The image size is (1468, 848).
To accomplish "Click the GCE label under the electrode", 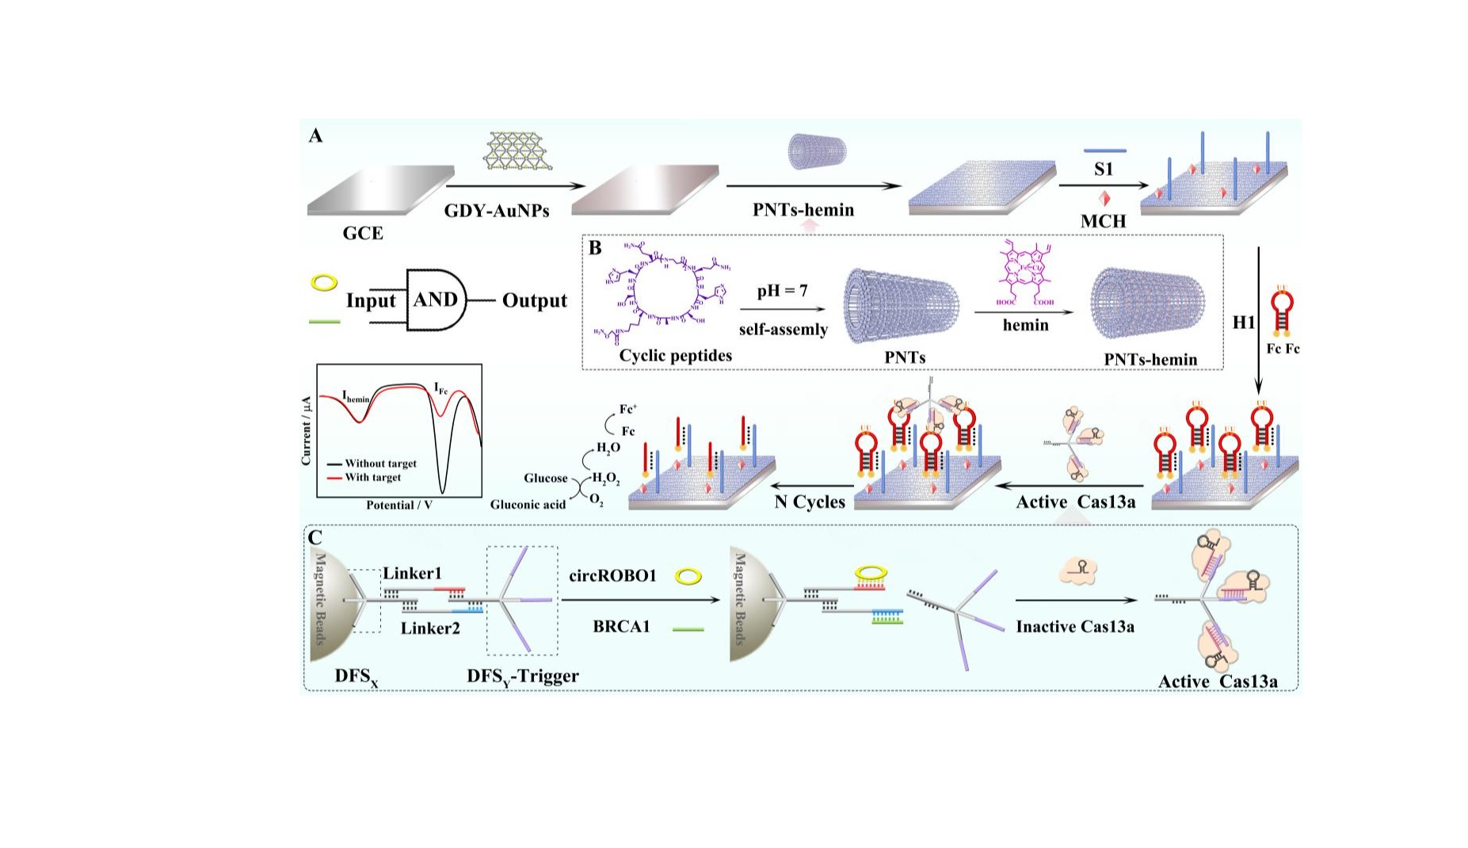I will coord(362,233).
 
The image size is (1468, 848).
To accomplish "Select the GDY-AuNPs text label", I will coord(496,211).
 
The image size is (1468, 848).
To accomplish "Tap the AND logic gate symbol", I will coord(435,300).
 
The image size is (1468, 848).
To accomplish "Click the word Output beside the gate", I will coord(534,300).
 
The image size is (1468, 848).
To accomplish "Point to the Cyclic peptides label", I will coord(675,355).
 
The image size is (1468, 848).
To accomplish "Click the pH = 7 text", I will coord(782,291).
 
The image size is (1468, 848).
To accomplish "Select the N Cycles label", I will coord(809,502).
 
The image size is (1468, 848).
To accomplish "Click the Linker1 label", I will coord(412,573).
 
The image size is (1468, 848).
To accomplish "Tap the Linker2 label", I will coord(430,628).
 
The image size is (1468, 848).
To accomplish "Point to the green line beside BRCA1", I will coord(688,629).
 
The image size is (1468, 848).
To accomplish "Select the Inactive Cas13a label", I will coord(1074,627).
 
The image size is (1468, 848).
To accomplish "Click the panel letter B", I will coord(595,248).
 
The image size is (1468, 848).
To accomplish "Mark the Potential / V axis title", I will coord(401,505).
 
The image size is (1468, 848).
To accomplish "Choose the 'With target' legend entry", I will coord(372,477).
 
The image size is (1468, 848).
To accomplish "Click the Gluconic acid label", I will coord(528,505).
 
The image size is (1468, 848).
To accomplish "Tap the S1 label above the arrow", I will coord(1103,169).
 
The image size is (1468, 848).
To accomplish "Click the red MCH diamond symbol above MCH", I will coord(1104,198).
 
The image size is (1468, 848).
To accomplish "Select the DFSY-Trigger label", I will coord(522,676).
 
